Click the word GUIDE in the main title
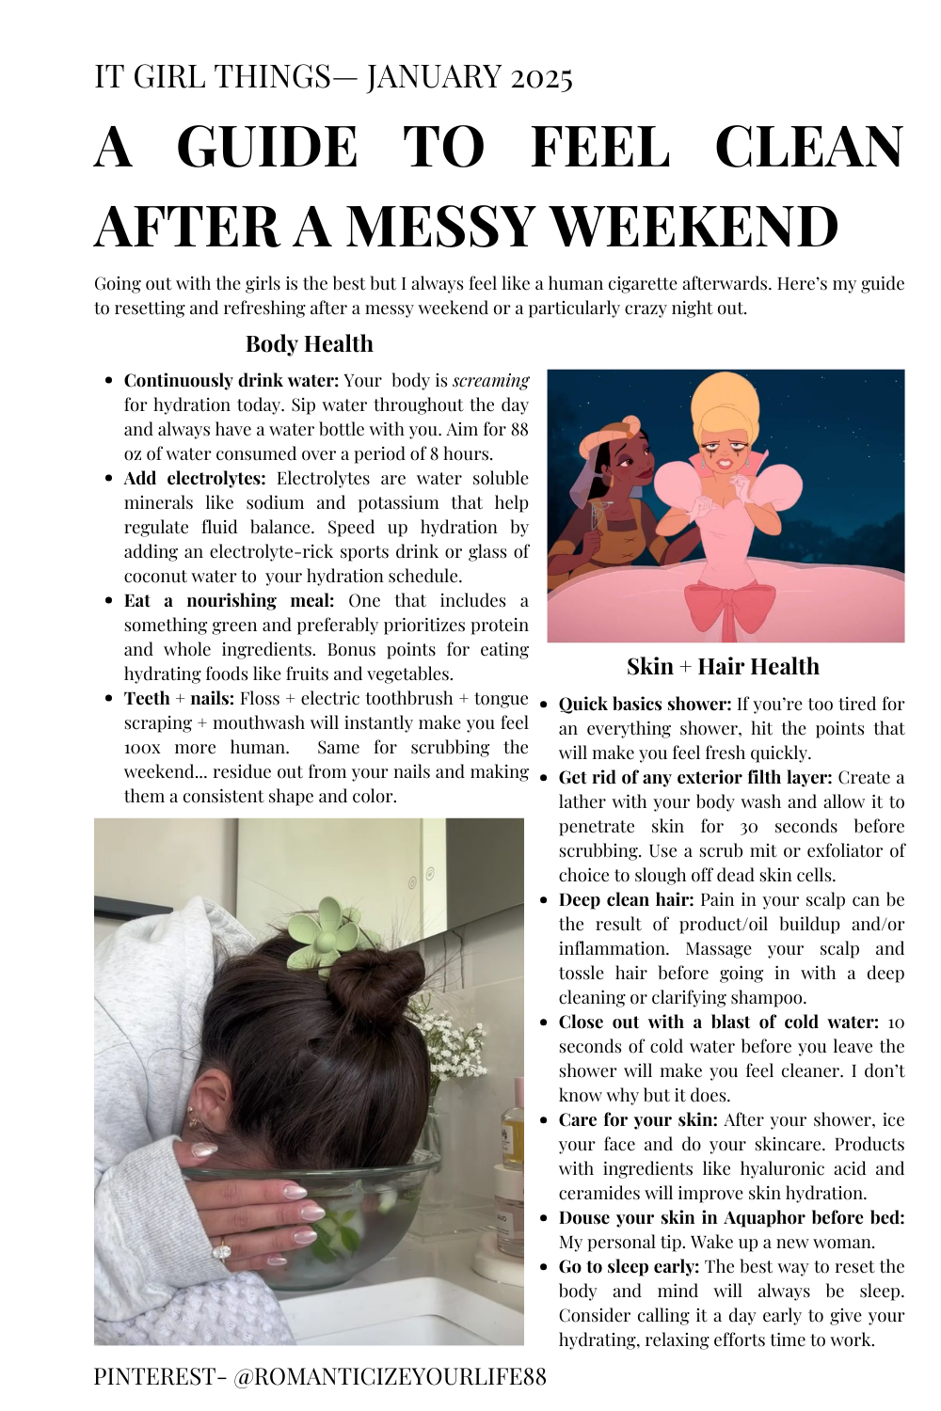(x=267, y=148)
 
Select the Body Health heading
(x=309, y=344)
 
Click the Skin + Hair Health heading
(x=723, y=667)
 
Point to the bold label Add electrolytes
(x=195, y=479)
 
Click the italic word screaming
(x=490, y=381)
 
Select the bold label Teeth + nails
(x=179, y=699)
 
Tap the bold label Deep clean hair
(x=627, y=900)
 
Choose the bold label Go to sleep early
(x=629, y=1267)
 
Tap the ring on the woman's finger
(x=222, y=1250)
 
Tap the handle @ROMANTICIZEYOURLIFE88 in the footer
(x=390, y=1377)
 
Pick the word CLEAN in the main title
(x=809, y=148)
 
